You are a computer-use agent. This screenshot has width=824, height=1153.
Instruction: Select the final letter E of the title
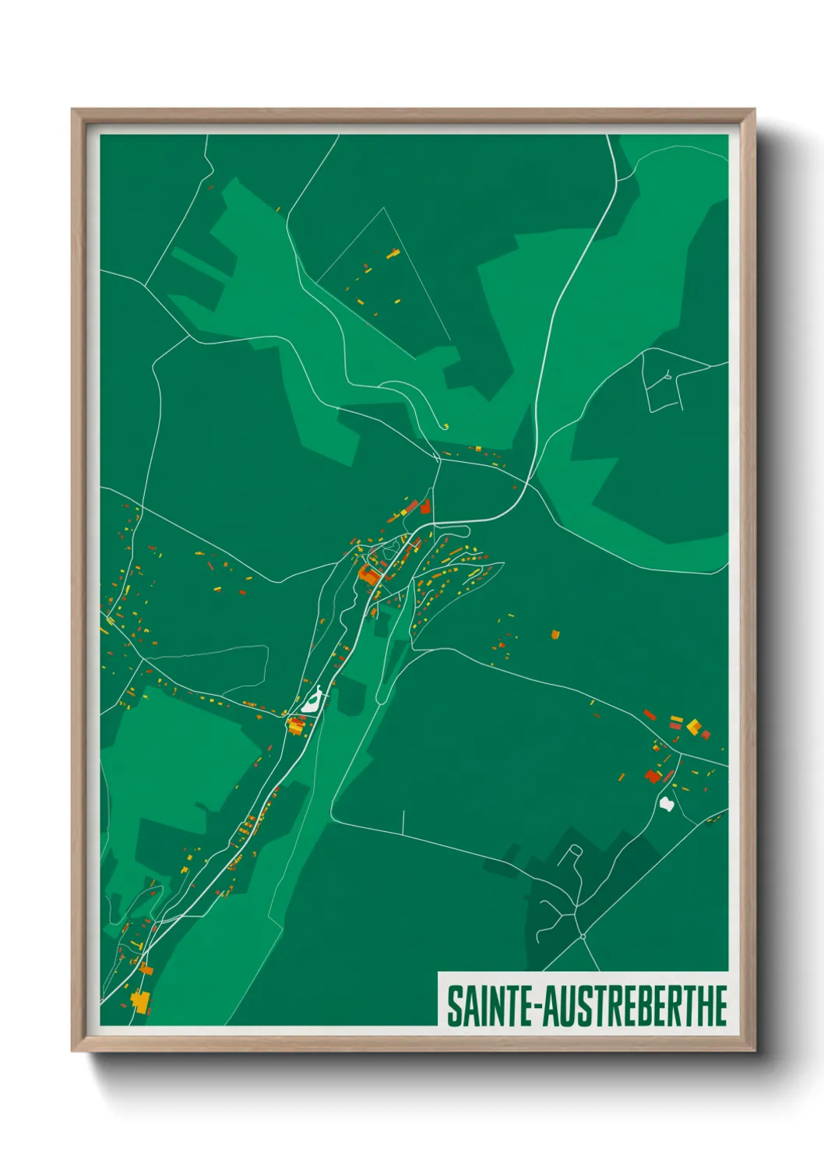pos(720,1006)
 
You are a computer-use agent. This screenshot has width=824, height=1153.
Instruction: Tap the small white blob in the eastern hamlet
pos(666,803)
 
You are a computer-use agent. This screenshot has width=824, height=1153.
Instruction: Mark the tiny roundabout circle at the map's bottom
pos(583,936)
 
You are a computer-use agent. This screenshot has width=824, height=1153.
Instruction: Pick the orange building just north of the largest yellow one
pos(146,970)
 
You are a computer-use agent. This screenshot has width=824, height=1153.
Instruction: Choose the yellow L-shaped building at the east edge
pos(693,727)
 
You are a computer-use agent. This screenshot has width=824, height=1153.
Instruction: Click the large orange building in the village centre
pos(368,576)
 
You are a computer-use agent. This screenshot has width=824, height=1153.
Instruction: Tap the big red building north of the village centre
pos(425,507)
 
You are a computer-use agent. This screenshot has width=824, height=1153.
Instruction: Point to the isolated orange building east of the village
pos(555,634)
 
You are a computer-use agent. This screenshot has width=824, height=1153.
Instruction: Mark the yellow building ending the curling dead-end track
pos(446,426)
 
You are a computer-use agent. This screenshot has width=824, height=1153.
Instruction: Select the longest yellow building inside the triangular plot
pos(393,253)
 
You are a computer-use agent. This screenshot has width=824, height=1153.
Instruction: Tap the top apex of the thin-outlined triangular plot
pos(384,208)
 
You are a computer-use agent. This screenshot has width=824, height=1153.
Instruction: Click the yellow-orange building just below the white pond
pos(296,727)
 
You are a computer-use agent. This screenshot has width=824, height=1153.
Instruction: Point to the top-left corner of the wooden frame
pos(73,111)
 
